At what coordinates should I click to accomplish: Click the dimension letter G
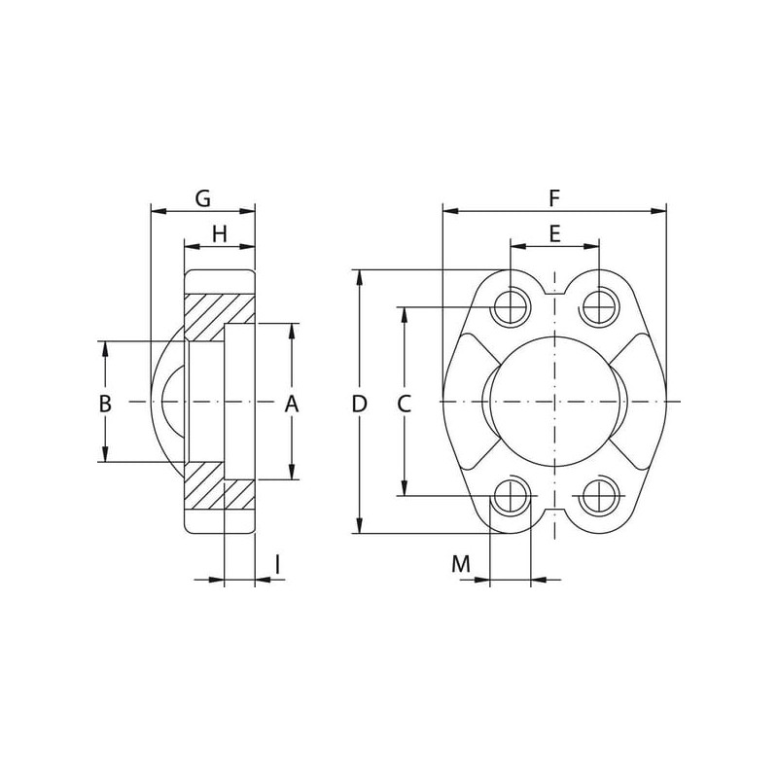pyautogui.click(x=203, y=198)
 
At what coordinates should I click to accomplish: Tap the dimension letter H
pyautogui.click(x=220, y=233)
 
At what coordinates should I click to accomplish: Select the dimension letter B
pyautogui.click(x=105, y=404)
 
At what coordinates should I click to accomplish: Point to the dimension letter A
pyautogui.click(x=292, y=404)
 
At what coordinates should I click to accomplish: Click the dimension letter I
pyautogui.click(x=278, y=564)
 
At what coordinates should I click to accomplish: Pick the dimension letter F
pyautogui.click(x=554, y=198)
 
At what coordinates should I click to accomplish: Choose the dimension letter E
pyautogui.click(x=554, y=233)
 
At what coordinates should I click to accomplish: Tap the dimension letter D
pyautogui.click(x=359, y=404)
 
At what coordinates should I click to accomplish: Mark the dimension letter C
pyautogui.click(x=405, y=404)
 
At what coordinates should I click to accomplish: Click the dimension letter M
pyautogui.click(x=461, y=564)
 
